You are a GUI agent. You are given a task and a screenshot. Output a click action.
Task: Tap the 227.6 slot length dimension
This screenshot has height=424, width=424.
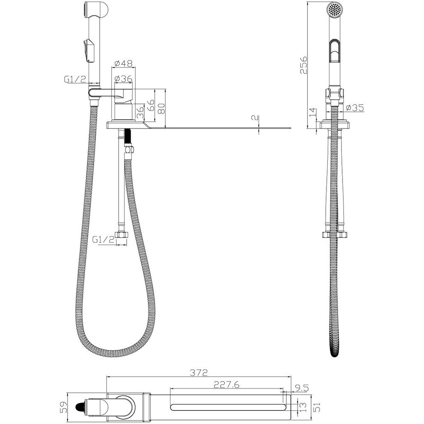pyautogui.click(x=226, y=385)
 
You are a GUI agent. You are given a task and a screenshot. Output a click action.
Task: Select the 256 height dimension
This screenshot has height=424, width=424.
pyautogui.click(x=304, y=65)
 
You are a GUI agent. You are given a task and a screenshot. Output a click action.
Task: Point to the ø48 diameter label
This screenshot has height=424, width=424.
pyautogui.click(x=123, y=64)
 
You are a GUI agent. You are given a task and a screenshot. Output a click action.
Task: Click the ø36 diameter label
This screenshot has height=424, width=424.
pyautogui.click(x=123, y=79)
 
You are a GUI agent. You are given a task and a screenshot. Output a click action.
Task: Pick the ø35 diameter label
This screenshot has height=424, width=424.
pyautogui.click(x=355, y=108)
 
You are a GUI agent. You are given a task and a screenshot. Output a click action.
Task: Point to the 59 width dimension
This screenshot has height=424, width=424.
pyautogui.click(x=63, y=407)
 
